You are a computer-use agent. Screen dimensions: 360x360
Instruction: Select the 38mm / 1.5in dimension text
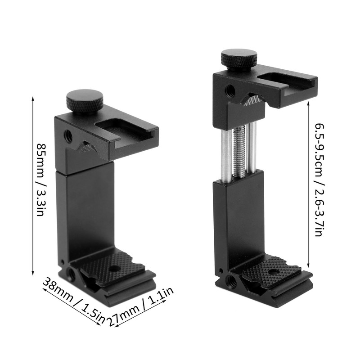(74, 301)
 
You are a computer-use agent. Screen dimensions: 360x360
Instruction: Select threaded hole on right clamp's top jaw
(230, 90)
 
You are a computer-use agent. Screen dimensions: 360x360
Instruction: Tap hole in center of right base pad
(273, 272)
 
